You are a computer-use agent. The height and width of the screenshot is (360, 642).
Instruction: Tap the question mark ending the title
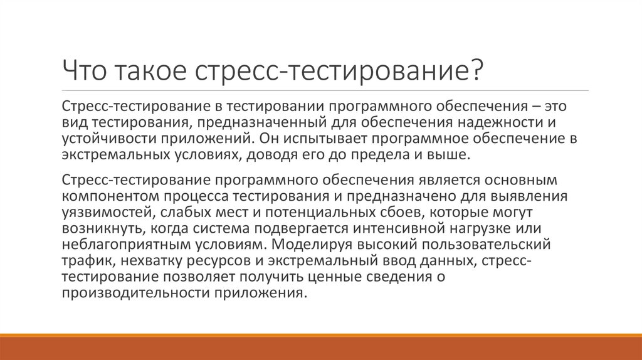click(476, 70)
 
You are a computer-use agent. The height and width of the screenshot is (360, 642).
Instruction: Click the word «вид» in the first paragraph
click(75, 122)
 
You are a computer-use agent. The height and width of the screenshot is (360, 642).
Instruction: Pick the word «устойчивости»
click(109, 139)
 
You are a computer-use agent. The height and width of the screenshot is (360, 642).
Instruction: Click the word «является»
click(448, 180)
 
